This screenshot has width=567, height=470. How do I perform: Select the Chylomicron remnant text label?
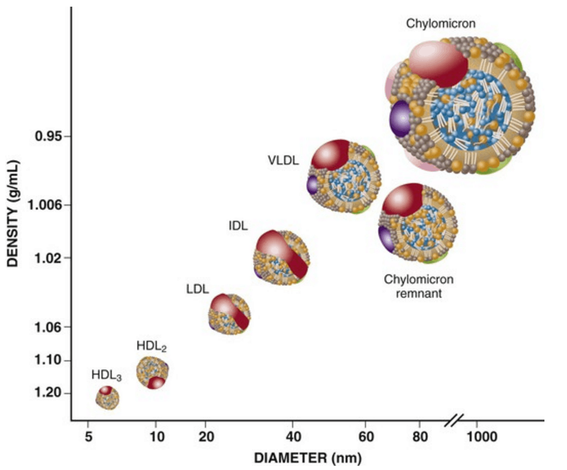tap(419, 287)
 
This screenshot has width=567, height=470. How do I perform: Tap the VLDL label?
tap(282, 160)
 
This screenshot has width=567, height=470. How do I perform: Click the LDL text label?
tap(197, 289)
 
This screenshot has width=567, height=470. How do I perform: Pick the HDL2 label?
tap(152, 346)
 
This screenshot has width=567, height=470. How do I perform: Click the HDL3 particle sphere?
tap(108, 398)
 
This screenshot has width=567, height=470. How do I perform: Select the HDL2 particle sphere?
tap(152, 372)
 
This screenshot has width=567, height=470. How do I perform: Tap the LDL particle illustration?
tap(230, 314)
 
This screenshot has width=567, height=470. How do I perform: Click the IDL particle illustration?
tap(281, 257)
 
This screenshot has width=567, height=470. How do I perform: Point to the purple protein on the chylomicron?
tap(400, 118)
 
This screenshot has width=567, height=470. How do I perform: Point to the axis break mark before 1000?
tap(454, 421)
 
